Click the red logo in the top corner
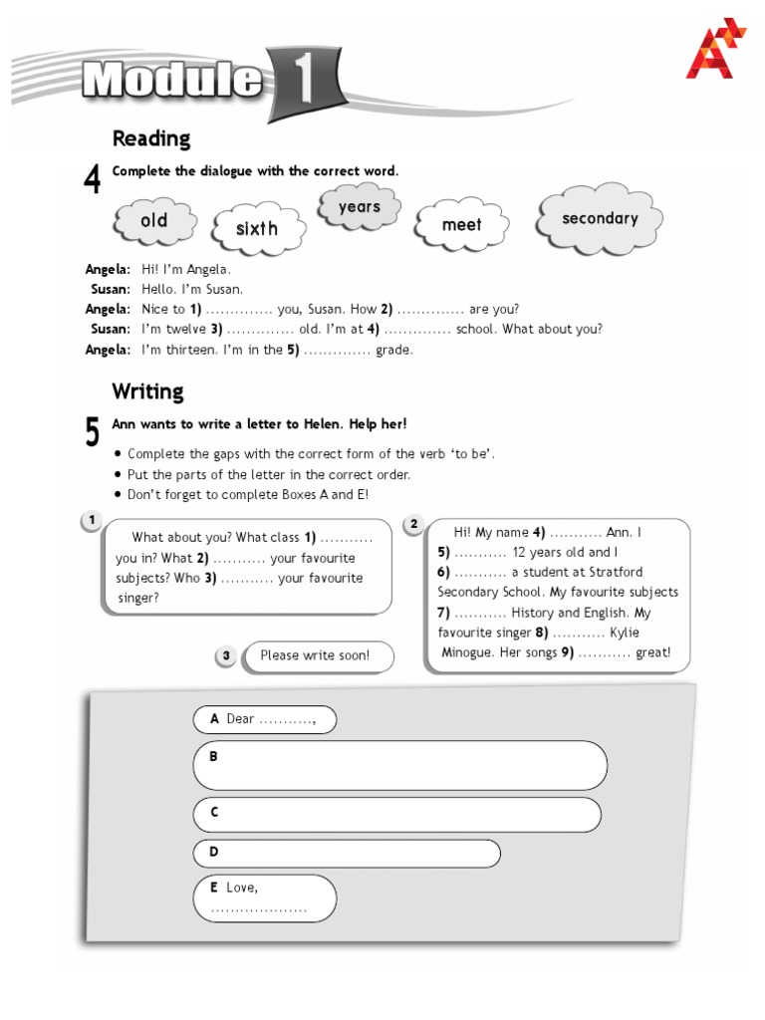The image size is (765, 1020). click(x=714, y=49)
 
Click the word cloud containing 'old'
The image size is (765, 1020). click(x=154, y=221)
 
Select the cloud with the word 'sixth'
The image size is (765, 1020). click(x=257, y=229)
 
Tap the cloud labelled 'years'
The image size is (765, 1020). click(x=359, y=207)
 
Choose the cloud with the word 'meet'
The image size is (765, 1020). click(x=461, y=225)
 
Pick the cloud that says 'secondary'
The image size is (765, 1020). click(x=600, y=219)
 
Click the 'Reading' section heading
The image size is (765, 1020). click(x=150, y=138)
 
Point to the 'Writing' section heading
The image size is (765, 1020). click(x=147, y=390)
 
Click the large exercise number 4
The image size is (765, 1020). click(x=93, y=180)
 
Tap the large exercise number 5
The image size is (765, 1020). click(x=93, y=432)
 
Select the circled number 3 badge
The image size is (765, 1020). click(x=226, y=655)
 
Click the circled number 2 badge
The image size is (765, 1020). click(x=413, y=524)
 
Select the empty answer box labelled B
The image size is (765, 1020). click(x=399, y=765)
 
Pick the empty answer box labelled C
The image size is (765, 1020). click(x=396, y=814)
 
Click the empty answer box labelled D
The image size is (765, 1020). click(x=347, y=854)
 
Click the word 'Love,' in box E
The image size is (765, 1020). click(x=242, y=888)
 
